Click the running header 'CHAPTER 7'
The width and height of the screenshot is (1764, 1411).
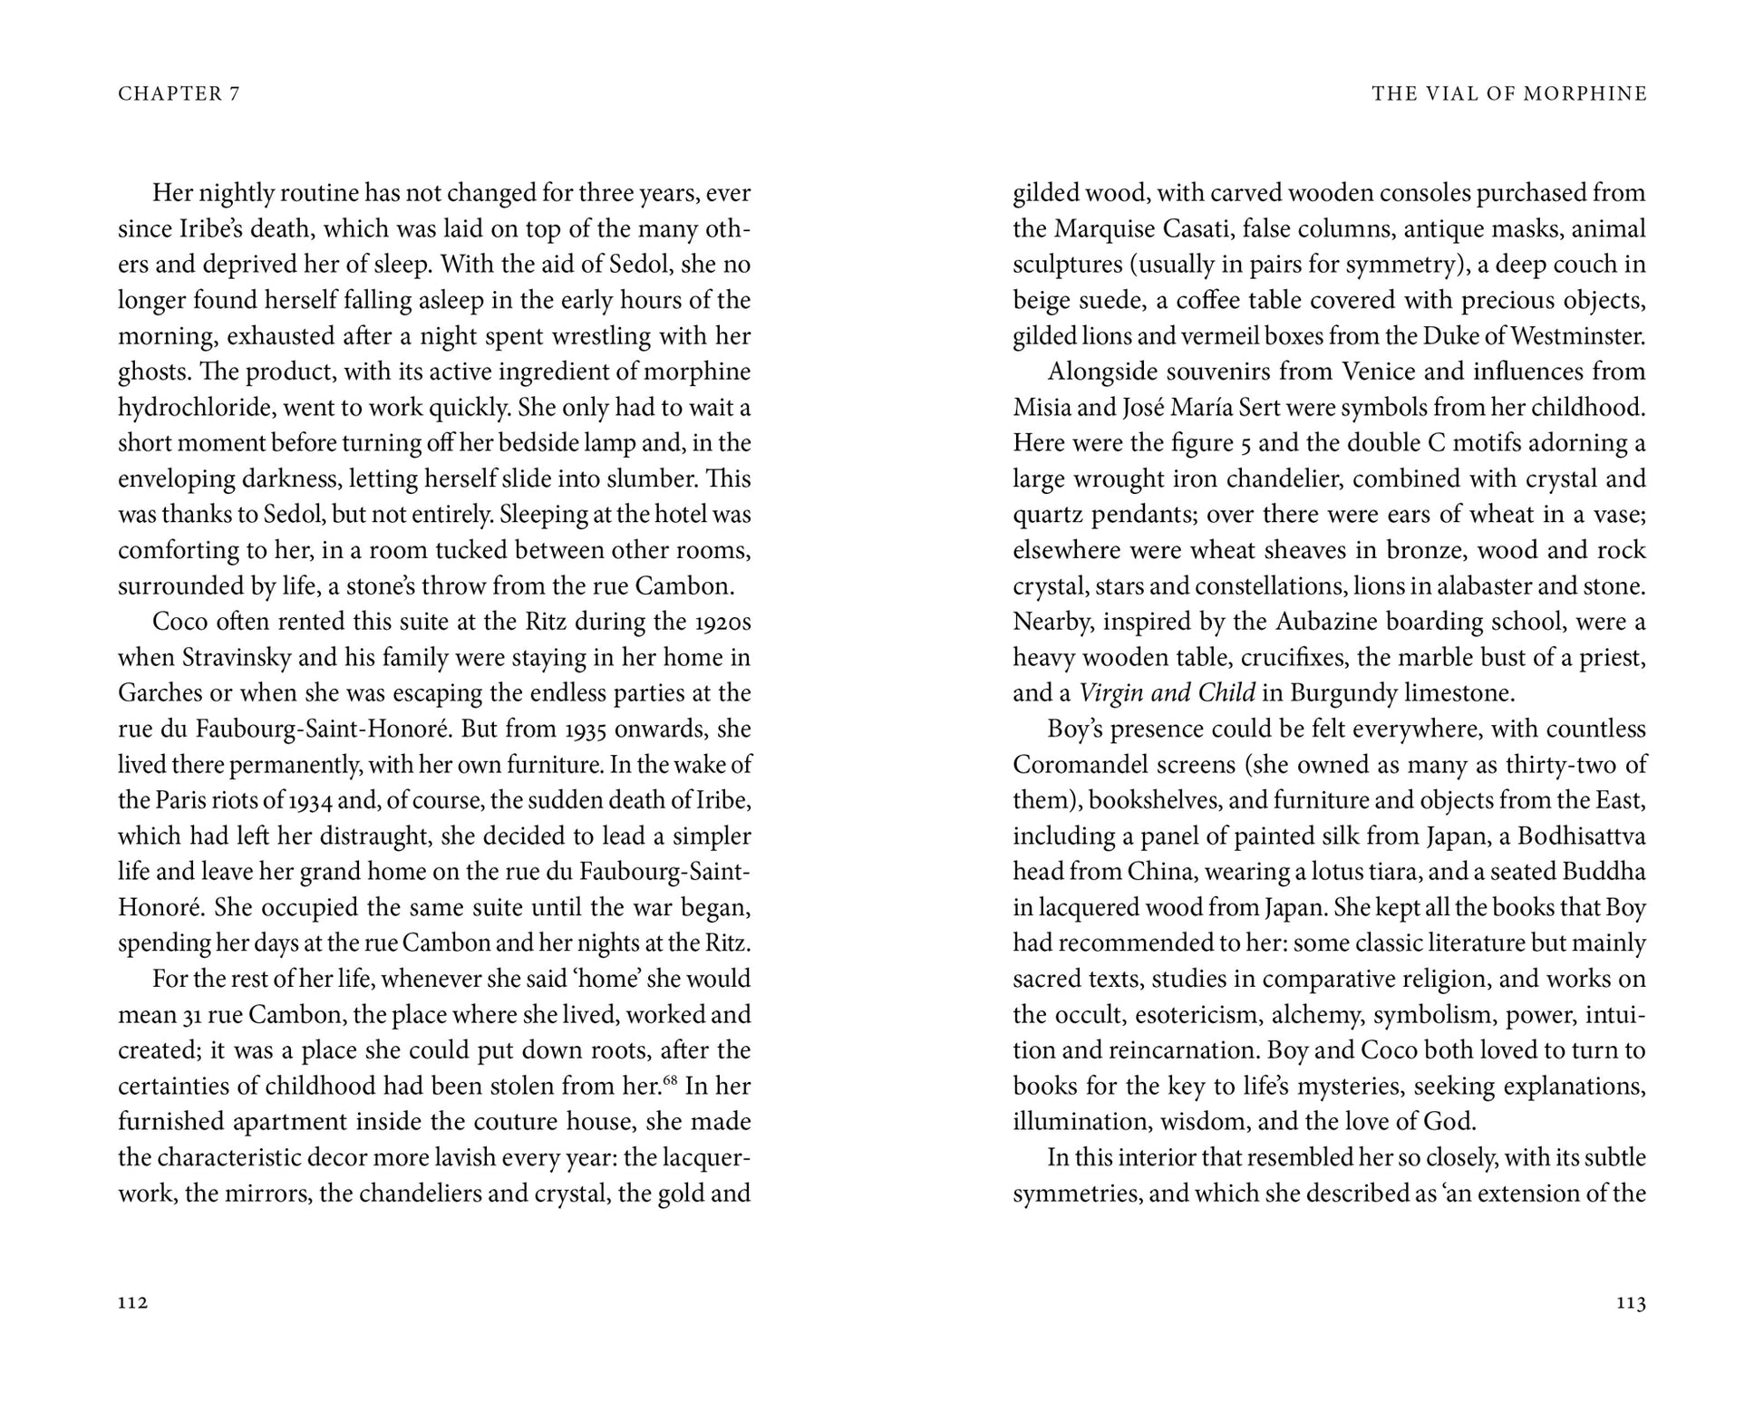point(179,94)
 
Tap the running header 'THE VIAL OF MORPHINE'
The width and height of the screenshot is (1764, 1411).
point(1508,94)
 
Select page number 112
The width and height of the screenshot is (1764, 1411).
point(132,1303)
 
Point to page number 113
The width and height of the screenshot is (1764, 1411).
point(1631,1303)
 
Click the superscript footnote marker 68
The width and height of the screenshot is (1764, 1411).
point(671,1078)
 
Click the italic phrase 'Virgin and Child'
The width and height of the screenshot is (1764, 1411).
point(1167,693)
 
